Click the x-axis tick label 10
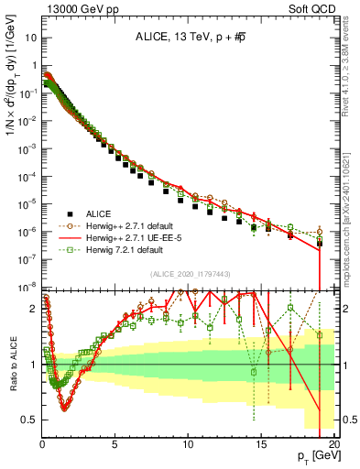point(188,443)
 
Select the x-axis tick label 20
point(333,443)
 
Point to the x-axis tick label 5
point(115,443)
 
